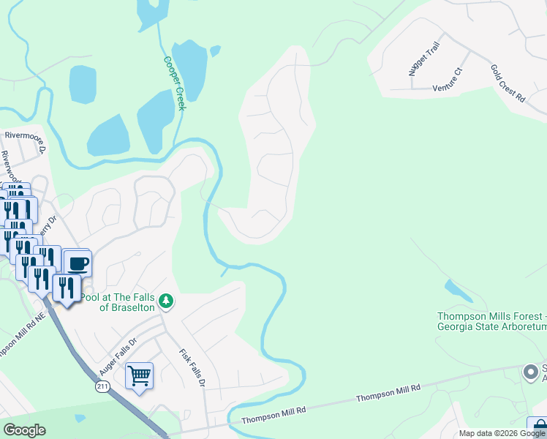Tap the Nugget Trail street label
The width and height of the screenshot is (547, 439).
point(423,59)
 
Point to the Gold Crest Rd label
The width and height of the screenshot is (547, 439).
point(508,82)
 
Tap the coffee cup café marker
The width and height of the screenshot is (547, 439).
point(77,262)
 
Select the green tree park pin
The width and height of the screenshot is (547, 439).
point(167,301)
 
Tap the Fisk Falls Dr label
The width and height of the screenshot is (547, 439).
point(189,366)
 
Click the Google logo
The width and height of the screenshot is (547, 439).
point(25,430)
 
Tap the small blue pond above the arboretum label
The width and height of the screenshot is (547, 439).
point(459,290)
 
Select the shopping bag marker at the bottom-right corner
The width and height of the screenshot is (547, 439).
point(537,426)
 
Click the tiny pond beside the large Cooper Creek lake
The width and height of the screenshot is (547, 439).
point(215,51)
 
